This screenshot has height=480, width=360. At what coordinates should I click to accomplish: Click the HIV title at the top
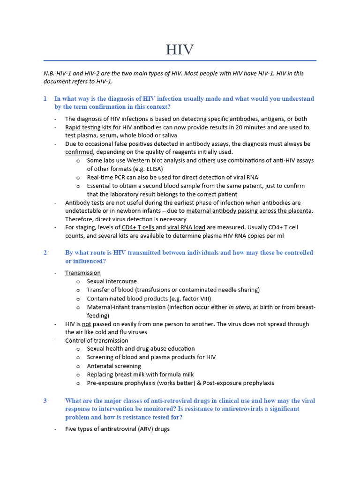tap(180, 50)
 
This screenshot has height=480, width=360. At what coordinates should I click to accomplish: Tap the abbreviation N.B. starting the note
tap(49, 73)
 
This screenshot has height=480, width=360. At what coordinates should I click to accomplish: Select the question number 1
tap(45, 99)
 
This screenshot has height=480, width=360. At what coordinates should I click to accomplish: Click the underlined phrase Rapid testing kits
tap(88, 127)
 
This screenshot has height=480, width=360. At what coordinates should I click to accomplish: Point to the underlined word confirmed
tap(79, 152)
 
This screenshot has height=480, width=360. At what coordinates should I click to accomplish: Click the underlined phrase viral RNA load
tap(186, 228)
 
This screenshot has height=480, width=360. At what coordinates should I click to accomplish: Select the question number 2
tap(45, 253)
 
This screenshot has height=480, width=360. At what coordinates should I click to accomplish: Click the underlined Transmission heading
tap(83, 273)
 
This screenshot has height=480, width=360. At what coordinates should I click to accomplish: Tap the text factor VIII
tap(192, 299)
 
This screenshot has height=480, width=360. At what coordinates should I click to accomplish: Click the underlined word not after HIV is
tap(86, 324)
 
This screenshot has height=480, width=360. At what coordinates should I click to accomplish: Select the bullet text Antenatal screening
tap(114, 366)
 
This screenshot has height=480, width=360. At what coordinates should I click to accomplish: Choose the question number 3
tap(45, 401)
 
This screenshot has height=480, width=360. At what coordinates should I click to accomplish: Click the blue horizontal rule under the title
tap(180, 60)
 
